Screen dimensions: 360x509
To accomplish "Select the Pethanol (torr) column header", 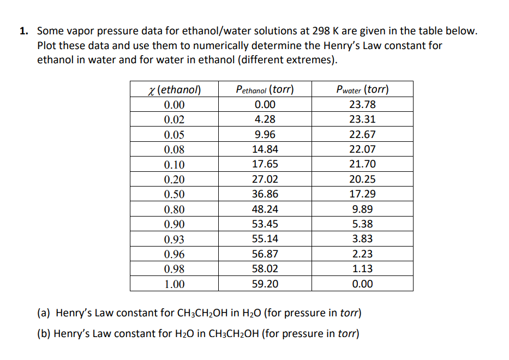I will click(x=265, y=89).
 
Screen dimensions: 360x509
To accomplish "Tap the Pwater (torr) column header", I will click(x=363, y=89).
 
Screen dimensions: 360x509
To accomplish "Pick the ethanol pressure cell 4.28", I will click(x=265, y=119).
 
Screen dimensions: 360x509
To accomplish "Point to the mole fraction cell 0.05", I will click(x=174, y=135).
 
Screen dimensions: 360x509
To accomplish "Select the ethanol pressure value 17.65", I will click(x=265, y=164).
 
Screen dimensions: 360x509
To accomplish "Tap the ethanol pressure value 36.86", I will click(x=265, y=194).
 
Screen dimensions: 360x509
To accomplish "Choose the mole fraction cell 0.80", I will click(x=174, y=209).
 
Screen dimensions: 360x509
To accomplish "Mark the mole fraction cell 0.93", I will click(x=174, y=239).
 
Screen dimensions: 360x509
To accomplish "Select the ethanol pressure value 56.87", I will click(x=265, y=254).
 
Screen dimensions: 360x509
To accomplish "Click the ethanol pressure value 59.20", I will click(x=265, y=284).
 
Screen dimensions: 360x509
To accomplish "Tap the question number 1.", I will click(x=23, y=32).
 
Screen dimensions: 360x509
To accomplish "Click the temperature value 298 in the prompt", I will click(x=320, y=32).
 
